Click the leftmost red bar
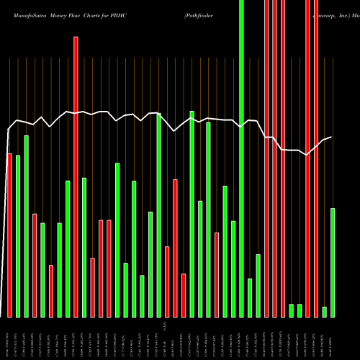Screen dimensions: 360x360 [x=9, y=235]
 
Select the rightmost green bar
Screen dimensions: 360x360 [x=333, y=262]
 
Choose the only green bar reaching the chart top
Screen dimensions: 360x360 [x=241, y=158]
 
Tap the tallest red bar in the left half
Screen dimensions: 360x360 [x=76, y=176]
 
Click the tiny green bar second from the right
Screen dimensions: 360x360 [x=324, y=312]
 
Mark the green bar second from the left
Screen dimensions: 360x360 [x=18, y=235]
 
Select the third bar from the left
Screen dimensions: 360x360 [x=27, y=226]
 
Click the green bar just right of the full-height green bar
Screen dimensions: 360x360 [x=250, y=297]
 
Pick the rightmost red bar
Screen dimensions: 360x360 [x=316, y=158]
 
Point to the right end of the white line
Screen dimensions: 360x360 [x=331, y=138]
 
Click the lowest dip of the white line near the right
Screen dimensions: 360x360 [x=307, y=154]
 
